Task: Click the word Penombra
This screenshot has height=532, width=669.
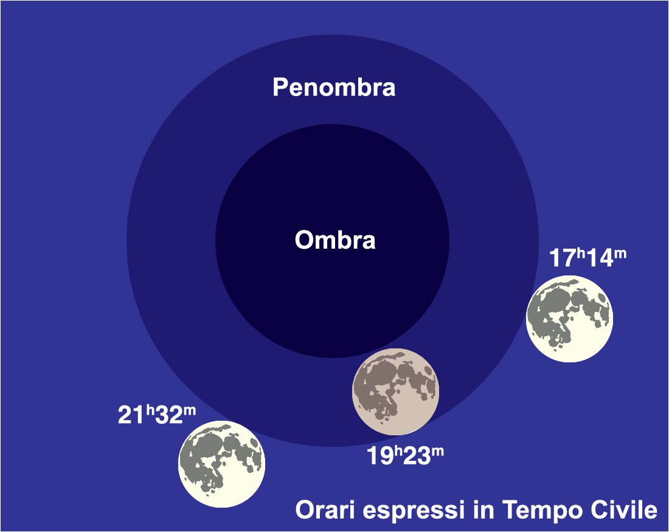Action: pyautogui.click(x=334, y=87)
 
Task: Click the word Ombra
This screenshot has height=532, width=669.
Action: pyautogui.click(x=335, y=240)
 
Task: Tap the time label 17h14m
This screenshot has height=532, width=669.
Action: pyautogui.click(x=588, y=257)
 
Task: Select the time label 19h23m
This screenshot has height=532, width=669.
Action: pyautogui.click(x=405, y=455)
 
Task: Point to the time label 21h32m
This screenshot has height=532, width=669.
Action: pyautogui.click(x=156, y=414)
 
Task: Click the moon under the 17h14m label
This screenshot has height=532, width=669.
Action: pyautogui.click(x=569, y=319)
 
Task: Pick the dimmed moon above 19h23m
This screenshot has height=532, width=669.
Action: pyautogui.click(x=395, y=392)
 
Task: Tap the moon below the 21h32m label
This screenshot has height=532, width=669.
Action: pyautogui.click(x=221, y=464)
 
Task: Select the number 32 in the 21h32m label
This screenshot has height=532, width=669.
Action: pyautogui.click(x=169, y=415)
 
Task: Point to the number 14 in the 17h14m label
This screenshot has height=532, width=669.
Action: pyautogui.click(x=600, y=258)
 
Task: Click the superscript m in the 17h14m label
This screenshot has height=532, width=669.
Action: pyautogui.click(x=620, y=254)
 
